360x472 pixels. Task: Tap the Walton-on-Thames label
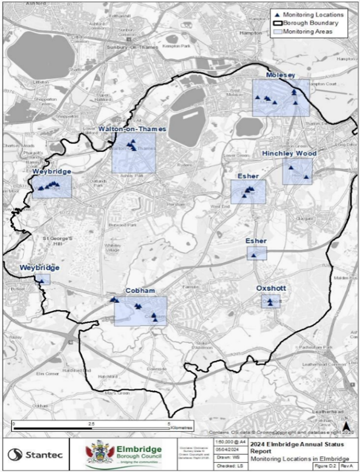click(132, 129)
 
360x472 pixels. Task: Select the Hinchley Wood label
click(289, 153)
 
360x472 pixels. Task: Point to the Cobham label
click(140, 290)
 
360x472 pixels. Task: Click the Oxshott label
click(271, 288)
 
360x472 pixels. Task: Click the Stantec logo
click(35, 454)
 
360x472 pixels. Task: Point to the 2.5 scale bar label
click(91, 424)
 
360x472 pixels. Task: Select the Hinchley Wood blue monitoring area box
click(297, 171)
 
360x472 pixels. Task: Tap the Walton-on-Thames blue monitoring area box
click(134, 153)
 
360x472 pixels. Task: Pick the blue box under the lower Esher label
click(256, 253)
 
